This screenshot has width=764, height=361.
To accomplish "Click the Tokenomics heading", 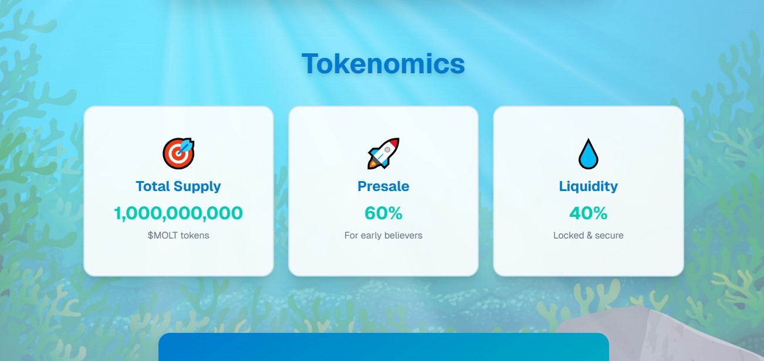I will coord(383,63).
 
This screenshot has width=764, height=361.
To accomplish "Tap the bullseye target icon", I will coord(178,154).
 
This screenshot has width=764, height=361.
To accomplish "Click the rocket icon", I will coord(383,154).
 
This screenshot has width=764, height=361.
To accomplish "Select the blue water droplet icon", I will coord(588,154).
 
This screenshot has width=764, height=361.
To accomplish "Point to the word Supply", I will coord(197,186).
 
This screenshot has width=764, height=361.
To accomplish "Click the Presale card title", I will coord(383,186).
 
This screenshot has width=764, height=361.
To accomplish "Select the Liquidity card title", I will coord(588,186).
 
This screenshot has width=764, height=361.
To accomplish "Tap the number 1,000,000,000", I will coord(178,213).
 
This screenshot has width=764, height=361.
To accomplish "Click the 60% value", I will coord(383,213).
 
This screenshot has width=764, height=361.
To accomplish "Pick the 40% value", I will coord(588,213).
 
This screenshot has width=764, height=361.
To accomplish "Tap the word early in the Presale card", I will coord(370,236).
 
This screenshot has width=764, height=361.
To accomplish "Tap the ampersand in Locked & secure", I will coord(588,236).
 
